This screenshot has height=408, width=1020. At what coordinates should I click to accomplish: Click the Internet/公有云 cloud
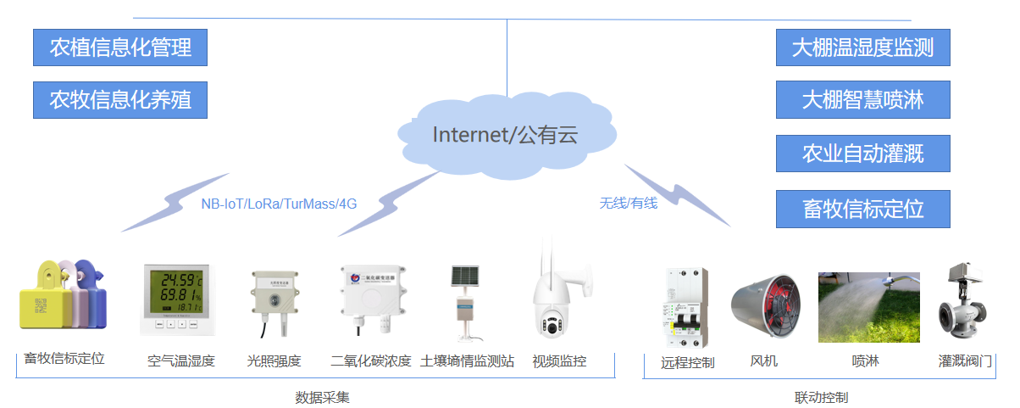pos(506,134)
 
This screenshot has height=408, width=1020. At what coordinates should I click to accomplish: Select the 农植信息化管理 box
pos(120,48)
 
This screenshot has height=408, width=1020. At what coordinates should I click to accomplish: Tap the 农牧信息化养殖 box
pos(120,100)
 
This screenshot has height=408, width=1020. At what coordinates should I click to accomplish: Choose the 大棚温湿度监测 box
pos(862,48)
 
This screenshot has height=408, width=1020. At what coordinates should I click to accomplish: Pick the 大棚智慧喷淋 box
pos(862,100)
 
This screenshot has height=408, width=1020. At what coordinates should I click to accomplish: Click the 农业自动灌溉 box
pos(862,154)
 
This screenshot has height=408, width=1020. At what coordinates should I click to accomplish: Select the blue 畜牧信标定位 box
pos(862,209)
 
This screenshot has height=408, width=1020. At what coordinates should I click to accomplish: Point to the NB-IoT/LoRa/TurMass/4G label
pos(279,204)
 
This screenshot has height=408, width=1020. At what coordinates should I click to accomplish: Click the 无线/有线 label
pos(629,203)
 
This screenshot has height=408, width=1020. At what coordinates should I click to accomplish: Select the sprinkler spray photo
pos(868,306)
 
